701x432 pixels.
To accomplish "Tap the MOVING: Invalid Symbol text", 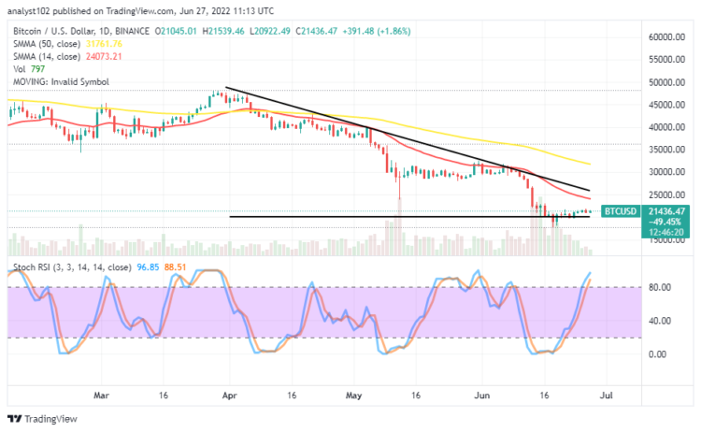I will click(53, 81).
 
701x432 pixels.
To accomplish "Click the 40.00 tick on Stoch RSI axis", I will click(656, 321).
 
